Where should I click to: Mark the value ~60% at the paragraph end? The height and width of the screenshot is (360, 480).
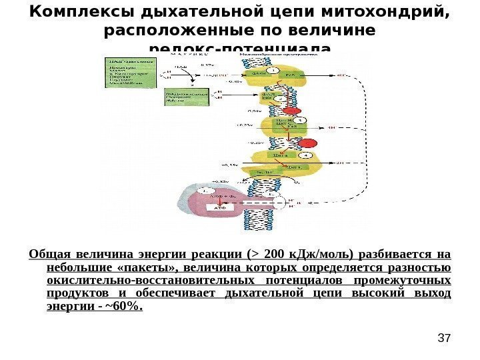[x=126, y=307]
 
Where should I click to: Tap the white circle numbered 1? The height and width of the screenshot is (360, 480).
[x=271, y=70]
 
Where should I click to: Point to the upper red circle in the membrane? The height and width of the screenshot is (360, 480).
[x=290, y=110]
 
